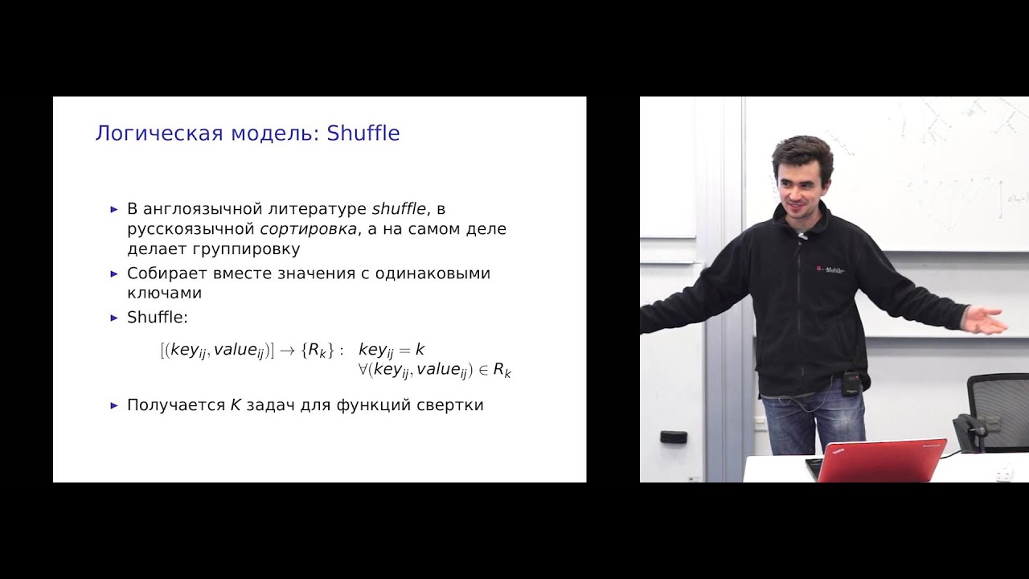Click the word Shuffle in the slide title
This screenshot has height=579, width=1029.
[x=363, y=133]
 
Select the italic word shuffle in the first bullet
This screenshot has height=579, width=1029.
[x=399, y=209]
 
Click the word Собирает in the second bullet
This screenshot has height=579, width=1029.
[x=162, y=273]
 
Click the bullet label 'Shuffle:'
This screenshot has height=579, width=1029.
[x=157, y=318]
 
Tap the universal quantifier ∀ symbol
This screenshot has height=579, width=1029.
[x=364, y=370]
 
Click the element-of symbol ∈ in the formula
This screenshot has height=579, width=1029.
[x=482, y=370]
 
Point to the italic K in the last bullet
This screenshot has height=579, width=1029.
[x=236, y=405]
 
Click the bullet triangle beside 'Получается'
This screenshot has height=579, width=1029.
[x=114, y=405]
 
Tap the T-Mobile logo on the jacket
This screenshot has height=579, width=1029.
[x=833, y=272]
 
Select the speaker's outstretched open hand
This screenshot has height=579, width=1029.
[x=986, y=319]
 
